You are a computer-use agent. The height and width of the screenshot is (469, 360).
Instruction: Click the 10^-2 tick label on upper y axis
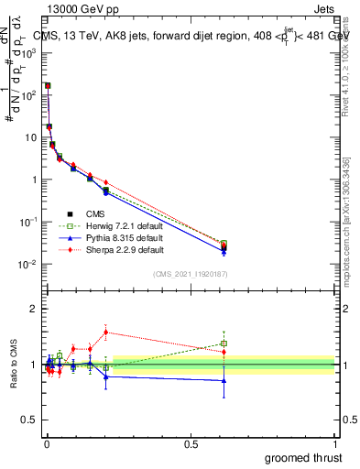[x=29, y=265]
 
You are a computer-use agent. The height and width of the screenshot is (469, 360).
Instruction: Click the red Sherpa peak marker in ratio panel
[x=106, y=332]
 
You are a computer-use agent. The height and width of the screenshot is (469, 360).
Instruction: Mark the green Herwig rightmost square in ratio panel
[x=224, y=344]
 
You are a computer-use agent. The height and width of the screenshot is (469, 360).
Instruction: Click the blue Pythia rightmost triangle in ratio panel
[x=224, y=380]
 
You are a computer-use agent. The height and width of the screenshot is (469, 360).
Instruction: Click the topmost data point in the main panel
[x=48, y=85]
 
